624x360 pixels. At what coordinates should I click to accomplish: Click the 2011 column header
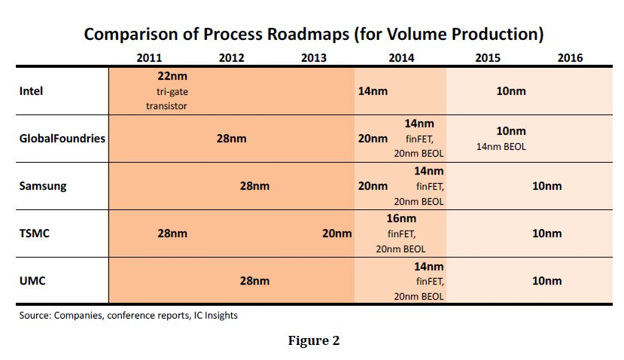pyautogui.click(x=150, y=58)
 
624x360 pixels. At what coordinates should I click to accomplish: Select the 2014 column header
pyautogui.click(x=401, y=58)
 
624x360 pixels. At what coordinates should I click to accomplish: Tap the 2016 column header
pyautogui.click(x=570, y=58)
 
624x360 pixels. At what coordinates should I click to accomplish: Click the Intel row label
pyautogui.click(x=31, y=91)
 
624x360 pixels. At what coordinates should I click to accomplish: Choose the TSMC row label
pyautogui.click(x=33, y=233)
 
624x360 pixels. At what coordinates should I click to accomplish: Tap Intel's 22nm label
pyautogui.click(x=166, y=77)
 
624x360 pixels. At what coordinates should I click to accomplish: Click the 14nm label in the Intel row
pyautogui.click(x=373, y=91)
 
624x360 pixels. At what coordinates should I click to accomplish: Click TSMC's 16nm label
pyautogui.click(x=401, y=219)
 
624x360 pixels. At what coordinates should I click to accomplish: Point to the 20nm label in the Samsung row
pyautogui.click(x=373, y=186)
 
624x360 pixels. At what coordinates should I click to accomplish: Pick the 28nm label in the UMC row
pyautogui.click(x=254, y=281)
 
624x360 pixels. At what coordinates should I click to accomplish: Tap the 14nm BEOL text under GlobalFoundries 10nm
pyautogui.click(x=501, y=147)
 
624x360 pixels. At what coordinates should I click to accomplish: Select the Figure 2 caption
pyautogui.click(x=314, y=340)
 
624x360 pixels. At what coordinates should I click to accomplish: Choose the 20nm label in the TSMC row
pyautogui.click(x=336, y=233)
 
